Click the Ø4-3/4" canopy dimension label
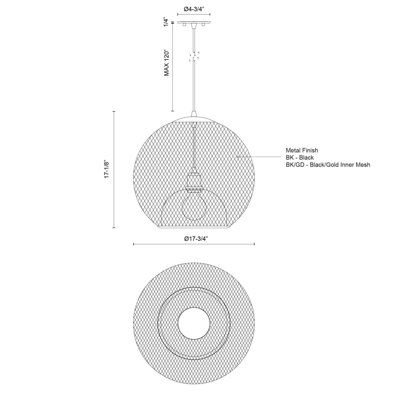coord(194,9)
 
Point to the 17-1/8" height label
coord(107,170)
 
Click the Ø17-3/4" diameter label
coord(194,239)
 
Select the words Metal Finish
coord(302,151)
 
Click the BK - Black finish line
coord(300,158)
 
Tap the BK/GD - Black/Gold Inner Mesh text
coord(328,165)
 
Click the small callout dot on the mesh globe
coord(238,157)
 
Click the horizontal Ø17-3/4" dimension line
coord(194,244)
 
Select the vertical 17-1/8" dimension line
coord(114,170)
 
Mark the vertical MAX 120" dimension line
coord(172,66)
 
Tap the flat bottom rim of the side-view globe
coord(194,228)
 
